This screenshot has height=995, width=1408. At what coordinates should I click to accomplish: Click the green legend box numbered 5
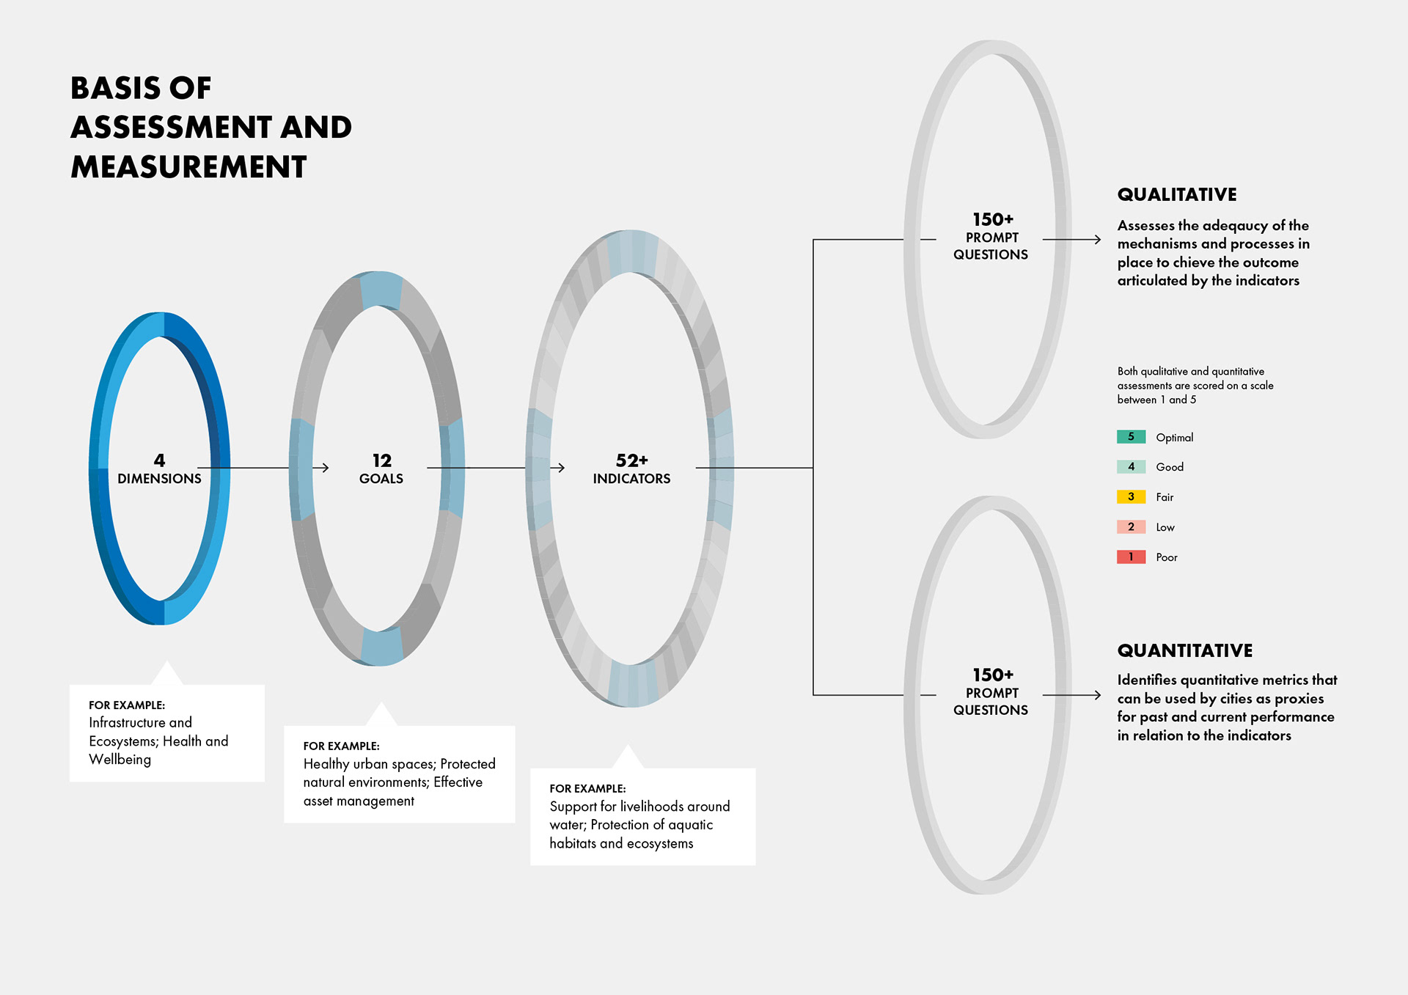pos(1131,437)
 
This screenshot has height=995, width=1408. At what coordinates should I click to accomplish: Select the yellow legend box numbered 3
pos(1131,497)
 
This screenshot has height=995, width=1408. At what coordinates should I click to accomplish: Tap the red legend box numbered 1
pos(1131,557)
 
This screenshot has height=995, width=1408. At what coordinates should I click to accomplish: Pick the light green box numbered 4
pos(1131,467)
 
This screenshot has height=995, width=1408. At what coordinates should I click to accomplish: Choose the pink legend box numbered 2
pos(1131,527)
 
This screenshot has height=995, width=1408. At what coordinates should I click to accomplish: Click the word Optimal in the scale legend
pos(1174,438)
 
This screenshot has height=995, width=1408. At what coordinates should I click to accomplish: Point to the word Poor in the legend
pos(1166,558)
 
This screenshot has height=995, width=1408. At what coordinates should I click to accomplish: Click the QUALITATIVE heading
pos(1176,195)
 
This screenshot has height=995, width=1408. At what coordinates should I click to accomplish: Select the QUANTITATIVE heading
pos(1184,651)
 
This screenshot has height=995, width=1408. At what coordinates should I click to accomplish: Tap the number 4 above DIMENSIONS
pos(159,460)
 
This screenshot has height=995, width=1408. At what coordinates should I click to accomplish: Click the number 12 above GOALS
pos(381,460)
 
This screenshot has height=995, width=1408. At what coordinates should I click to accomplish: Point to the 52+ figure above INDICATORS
pos(631,460)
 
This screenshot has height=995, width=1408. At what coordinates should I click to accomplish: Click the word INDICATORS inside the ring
pos(631,479)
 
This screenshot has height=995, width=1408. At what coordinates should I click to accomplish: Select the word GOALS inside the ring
pos(381,479)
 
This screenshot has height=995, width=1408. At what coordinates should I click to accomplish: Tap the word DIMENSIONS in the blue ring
pos(159,479)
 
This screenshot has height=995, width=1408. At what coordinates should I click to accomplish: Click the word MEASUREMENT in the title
pos(188,167)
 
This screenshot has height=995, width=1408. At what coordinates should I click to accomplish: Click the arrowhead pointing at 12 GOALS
pos(325,468)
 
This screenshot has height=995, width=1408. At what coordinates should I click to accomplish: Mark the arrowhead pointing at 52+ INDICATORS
pos(561,468)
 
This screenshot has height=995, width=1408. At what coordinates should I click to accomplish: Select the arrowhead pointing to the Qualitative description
pos(1097,240)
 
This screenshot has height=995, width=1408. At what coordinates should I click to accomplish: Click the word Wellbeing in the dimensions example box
pos(120,760)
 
